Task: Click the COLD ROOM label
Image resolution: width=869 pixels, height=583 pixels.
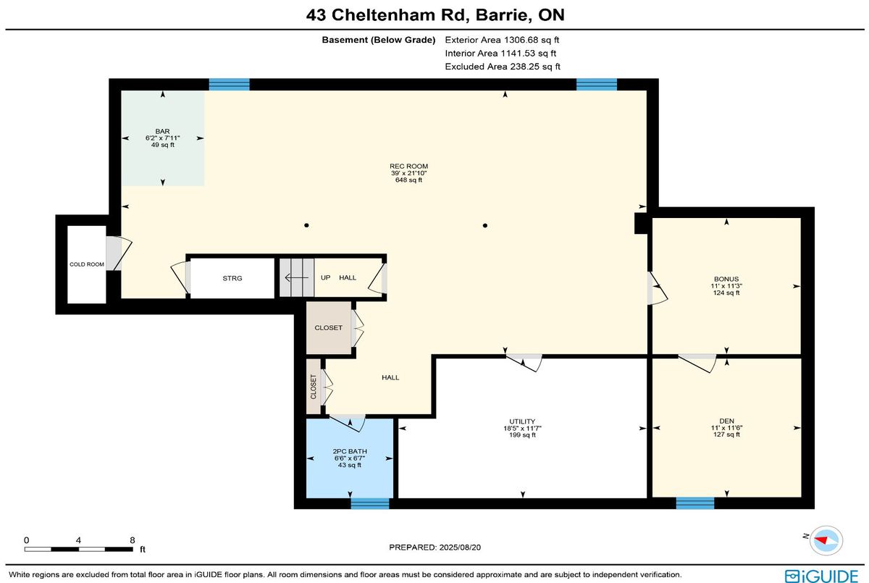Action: point(86,264)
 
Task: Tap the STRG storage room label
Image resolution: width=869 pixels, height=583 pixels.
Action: point(232,278)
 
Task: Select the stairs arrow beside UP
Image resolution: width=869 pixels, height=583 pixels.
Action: point(297,277)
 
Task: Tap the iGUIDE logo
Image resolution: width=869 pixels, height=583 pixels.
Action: point(821,576)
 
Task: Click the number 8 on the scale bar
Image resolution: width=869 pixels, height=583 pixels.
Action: point(133,540)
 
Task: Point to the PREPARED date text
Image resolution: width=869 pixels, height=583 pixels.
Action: point(435,548)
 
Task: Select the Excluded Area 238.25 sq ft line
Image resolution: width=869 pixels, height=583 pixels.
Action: point(503,67)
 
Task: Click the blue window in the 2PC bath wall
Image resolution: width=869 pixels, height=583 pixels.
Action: point(370,503)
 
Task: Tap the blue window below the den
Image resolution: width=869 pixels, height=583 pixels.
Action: point(695,503)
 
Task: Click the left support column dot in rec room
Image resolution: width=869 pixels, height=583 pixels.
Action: point(306,225)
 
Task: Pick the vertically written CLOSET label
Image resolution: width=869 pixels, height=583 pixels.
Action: point(313,387)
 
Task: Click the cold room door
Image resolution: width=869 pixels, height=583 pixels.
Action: point(119,253)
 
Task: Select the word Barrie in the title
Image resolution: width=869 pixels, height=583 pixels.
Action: point(501,15)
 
